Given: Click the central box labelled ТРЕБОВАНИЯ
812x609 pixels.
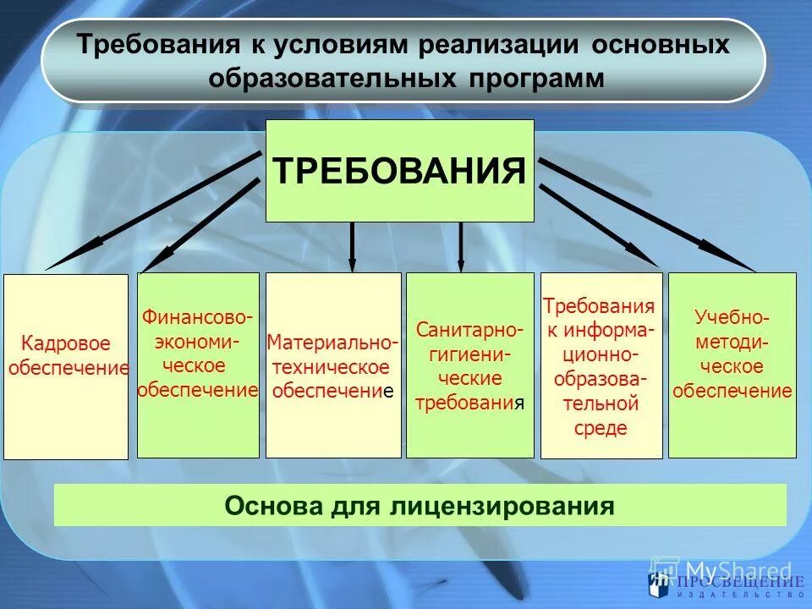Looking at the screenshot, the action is pyautogui.click(x=400, y=171).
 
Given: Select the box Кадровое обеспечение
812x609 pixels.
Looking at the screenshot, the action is pyautogui.click(x=66, y=366).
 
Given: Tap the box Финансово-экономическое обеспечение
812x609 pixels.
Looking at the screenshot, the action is pyautogui.click(x=198, y=365).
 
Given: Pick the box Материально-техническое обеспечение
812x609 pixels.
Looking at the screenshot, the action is pyautogui.click(x=333, y=365).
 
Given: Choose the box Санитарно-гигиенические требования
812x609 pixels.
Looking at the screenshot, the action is pyautogui.click(x=469, y=365).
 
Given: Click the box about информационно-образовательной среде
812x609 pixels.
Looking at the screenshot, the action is pyautogui.click(x=601, y=365).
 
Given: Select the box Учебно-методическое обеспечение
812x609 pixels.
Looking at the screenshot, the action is pyautogui.click(x=732, y=365).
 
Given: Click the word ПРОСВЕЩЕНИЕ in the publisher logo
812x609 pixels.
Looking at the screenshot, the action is pyautogui.click(x=739, y=583).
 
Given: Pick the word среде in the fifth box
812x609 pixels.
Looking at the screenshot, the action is pyautogui.click(x=601, y=428).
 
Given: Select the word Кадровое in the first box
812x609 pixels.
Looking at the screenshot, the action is pyautogui.click(x=66, y=344).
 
